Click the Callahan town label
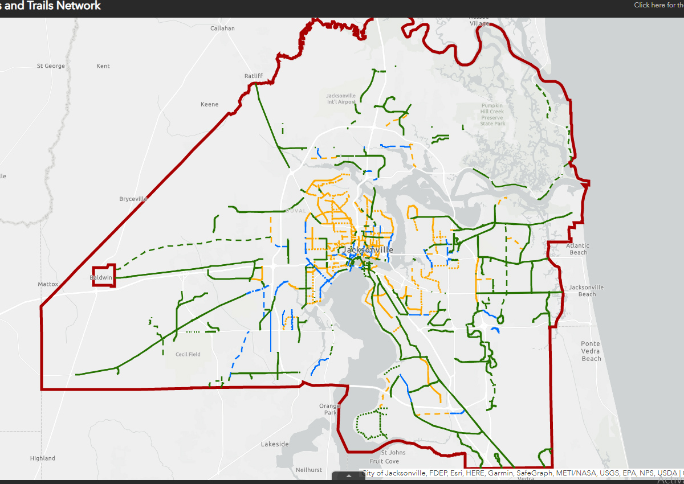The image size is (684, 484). click(222, 28)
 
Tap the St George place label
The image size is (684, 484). click(51, 66)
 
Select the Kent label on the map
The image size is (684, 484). click(103, 66)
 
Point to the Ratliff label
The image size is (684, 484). click(253, 76)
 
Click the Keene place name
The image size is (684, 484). click(210, 104)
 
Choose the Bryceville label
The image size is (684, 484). click(133, 199)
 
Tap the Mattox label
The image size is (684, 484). click(48, 284)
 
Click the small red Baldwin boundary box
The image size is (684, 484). click(104, 276)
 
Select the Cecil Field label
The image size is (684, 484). click(188, 354)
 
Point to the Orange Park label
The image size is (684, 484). click(329, 409)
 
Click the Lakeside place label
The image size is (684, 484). click(275, 444)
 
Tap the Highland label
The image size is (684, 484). click(43, 458)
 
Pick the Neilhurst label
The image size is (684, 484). click(309, 470)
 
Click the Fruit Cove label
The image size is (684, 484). click(384, 461)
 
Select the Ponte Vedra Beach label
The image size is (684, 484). click(591, 351)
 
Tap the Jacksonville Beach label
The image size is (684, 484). click(586, 290)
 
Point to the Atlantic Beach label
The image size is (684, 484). click(577, 249)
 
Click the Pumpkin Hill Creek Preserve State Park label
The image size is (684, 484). click(492, 114)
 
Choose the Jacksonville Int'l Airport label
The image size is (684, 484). click(341, 99)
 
